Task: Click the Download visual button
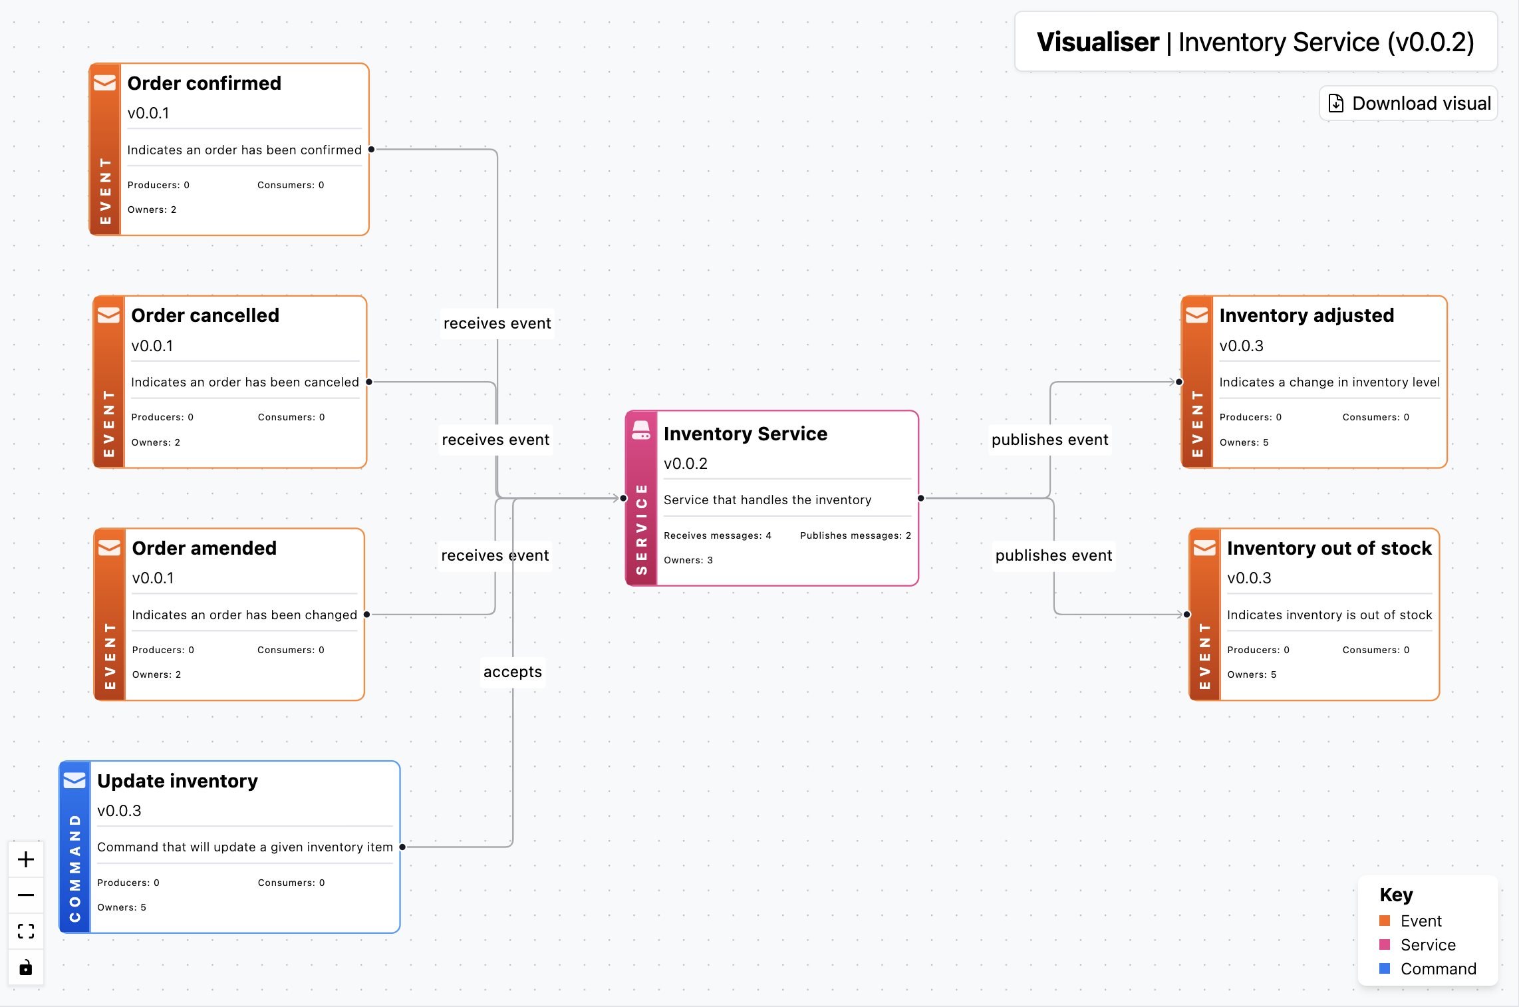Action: coord(1409,104)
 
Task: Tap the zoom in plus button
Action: coord(26,859)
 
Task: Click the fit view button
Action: coord(26,931)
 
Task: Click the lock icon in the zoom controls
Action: coord(26,967)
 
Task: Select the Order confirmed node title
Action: coord(204,83)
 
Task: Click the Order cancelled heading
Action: coord(205,315)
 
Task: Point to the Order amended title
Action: coord(204,548)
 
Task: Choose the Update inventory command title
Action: coord(178,781)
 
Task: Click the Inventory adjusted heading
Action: coord(1306,315)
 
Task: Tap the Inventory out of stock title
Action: coord(1329,548)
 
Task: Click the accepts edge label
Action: coord(513,672)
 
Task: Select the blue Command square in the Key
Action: coord(1385,968)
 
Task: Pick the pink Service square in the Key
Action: coord(1385,944)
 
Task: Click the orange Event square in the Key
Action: coord(1385,921)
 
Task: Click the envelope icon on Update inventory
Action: coord(74,780)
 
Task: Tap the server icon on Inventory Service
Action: coord(641,430)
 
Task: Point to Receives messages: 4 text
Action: coord(717,535)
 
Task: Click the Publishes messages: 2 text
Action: coord(855,535)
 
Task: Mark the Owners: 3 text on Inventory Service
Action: coord(688,560)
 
